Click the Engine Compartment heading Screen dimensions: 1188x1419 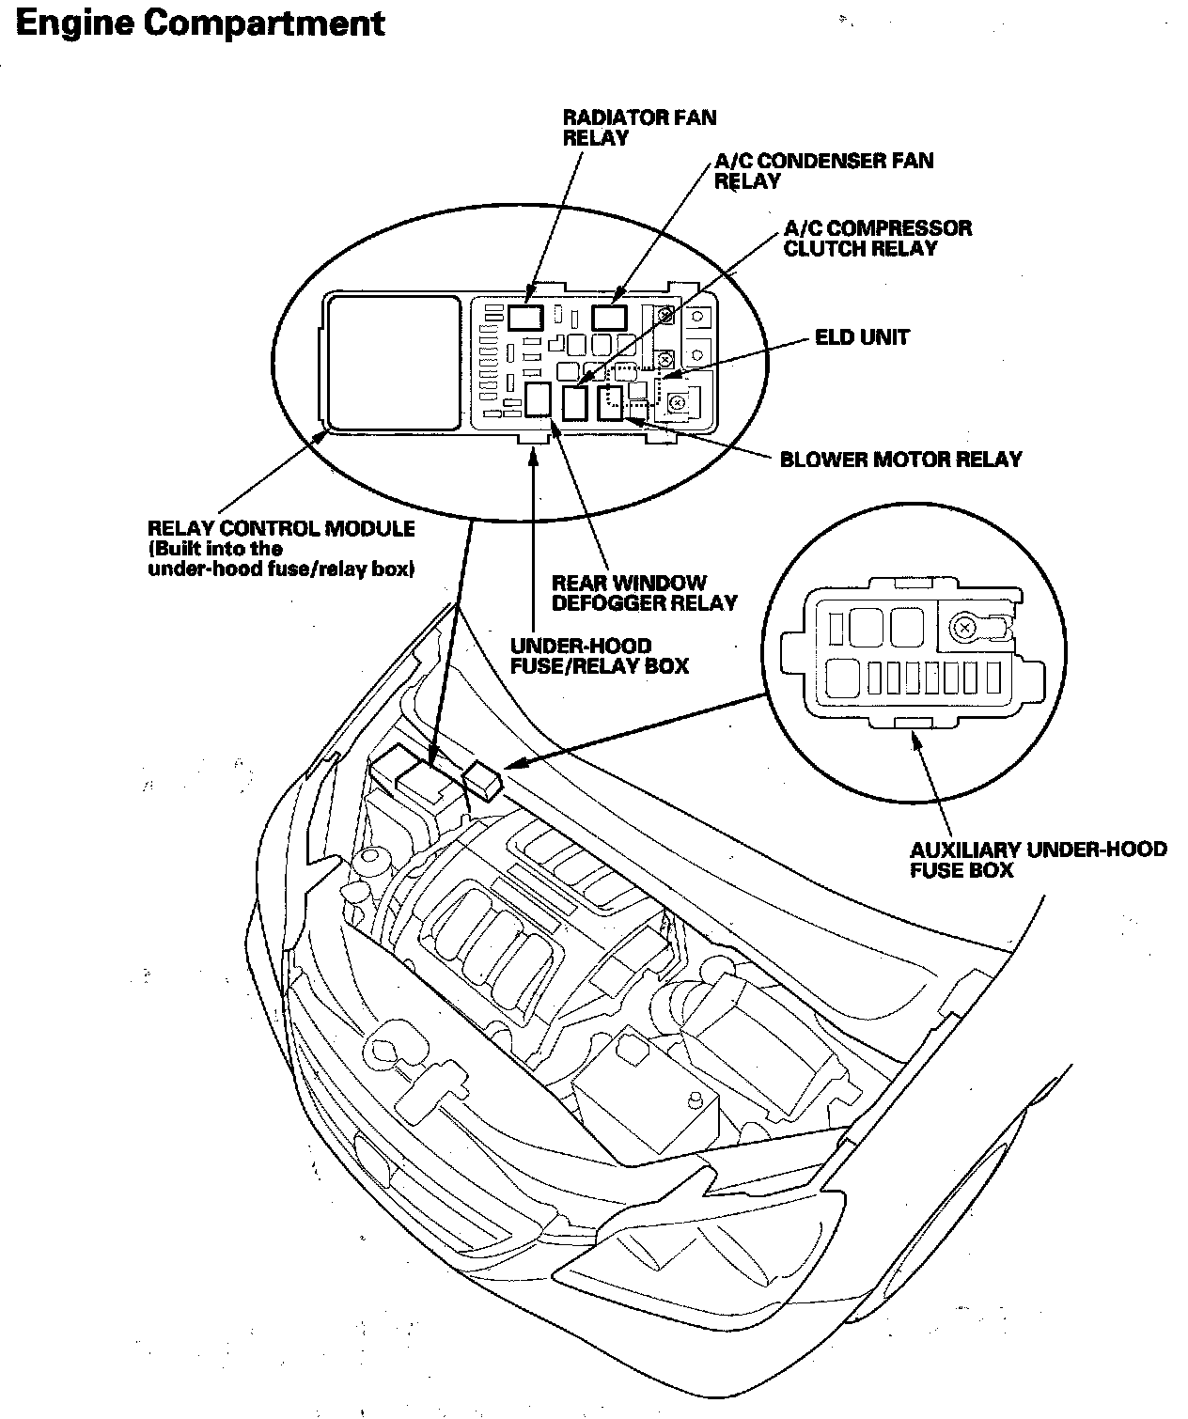tap(200, 24)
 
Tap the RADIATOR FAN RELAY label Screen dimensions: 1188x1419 tap(639, 128)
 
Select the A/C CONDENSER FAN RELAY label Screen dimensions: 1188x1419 tap(823, 171)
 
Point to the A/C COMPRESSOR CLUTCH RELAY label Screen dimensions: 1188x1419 tap(878, 238)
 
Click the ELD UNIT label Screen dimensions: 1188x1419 tap(862, 337)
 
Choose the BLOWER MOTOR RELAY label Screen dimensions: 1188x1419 tap(900, 460)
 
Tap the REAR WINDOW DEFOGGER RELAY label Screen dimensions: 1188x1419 tap(645, 593)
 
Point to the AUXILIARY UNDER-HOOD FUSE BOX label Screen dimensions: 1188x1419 tap(1039, 860)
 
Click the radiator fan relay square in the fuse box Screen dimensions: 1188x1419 tap(526, 318)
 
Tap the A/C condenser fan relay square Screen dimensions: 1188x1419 tap(609, 318)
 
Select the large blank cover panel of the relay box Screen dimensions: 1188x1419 tap(394, 363)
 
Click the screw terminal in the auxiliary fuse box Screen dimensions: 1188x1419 tap(963, 628)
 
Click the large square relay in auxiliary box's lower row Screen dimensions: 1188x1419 tap(843, 679)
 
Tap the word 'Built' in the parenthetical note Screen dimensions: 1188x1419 tap(178, 549)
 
